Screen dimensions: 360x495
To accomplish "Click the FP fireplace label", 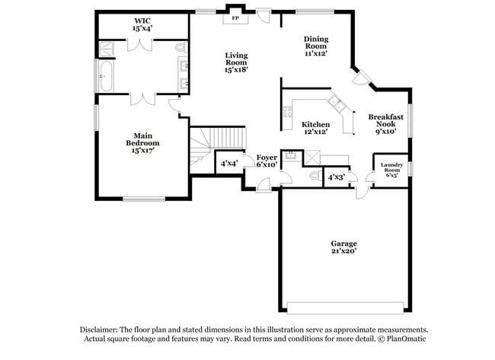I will [235, 18].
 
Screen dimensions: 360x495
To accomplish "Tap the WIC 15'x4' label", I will [142, 24].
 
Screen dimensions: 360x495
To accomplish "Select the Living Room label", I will [235, 62].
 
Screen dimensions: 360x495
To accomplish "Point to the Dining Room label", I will [315, 46].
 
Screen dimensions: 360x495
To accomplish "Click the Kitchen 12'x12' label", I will [315, 128].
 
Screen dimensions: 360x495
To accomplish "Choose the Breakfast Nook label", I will [385, 123].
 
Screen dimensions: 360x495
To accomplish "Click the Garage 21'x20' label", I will [343, 247].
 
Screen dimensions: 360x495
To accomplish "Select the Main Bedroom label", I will [142, 143].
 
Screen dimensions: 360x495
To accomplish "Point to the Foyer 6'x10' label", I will [266, 161].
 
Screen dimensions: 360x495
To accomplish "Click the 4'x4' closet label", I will [228, 163].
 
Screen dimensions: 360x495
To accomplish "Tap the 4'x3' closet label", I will [336, 177].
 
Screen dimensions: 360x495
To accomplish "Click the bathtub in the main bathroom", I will [106, 76].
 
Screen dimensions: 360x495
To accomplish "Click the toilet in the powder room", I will [315, 176].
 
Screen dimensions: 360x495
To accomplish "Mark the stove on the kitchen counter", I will [287, 115].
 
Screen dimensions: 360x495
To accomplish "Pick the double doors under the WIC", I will [142, 98].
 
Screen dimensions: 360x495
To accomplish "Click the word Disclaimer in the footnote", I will [101, 330].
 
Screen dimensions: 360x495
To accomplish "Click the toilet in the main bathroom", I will [181, 47].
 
